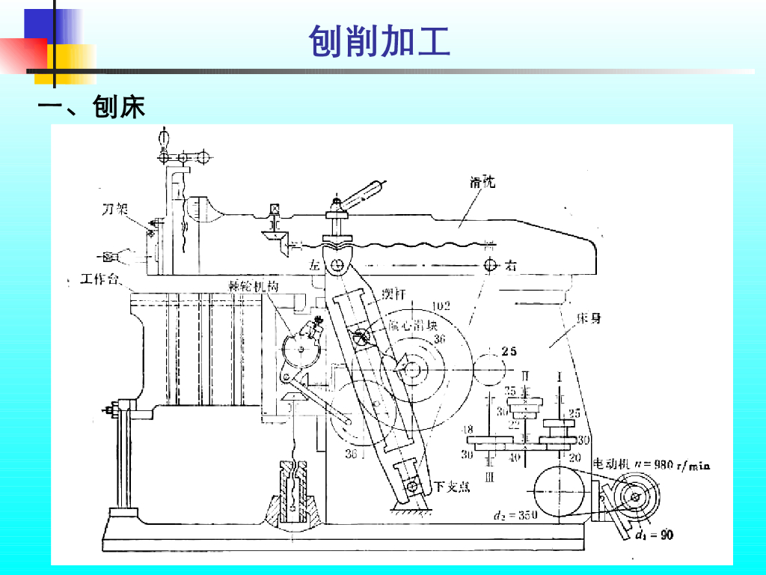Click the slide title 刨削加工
(x=379, y=41)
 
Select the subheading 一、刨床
(x=91, y=106)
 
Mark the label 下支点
(x=452, y=487)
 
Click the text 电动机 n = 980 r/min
(x=651, y=465)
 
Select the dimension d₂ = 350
(x=516, y=515)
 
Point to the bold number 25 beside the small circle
(x=509, y=351)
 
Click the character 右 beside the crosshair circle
(x=511, y=265)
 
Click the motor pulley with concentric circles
(x=635, y=496)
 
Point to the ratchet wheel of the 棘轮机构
(x=301, y=348)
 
